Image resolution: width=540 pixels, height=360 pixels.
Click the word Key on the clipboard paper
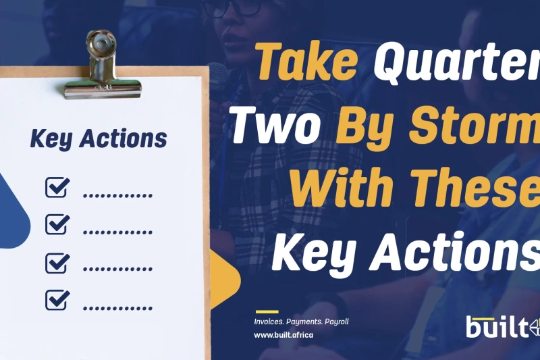51,139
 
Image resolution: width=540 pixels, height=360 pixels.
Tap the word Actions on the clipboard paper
124,138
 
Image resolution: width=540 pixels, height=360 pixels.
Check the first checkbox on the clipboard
57,187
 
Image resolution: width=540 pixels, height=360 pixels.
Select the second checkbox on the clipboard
57,224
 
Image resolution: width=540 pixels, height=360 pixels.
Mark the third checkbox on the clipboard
57,263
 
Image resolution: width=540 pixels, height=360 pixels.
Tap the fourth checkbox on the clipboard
57,300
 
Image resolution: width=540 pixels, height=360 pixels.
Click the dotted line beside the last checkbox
117,308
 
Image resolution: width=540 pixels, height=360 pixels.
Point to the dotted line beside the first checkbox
117,196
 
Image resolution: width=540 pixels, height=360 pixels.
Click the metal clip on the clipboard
102,66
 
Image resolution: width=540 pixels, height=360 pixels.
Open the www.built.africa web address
283,335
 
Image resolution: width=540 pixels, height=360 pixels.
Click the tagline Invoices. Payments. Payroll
301,322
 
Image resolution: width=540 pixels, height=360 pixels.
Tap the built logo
503,328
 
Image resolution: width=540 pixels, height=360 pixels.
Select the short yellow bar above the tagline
267,311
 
